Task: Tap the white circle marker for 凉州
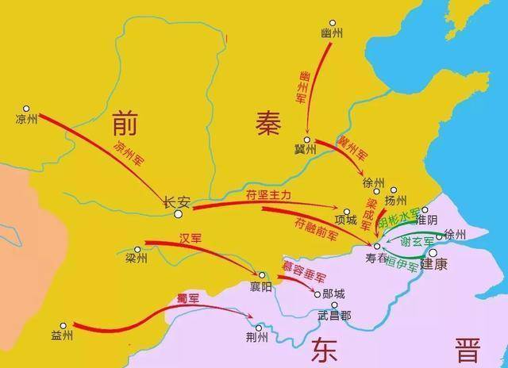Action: [26, 109]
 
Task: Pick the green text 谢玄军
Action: [416, 241]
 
